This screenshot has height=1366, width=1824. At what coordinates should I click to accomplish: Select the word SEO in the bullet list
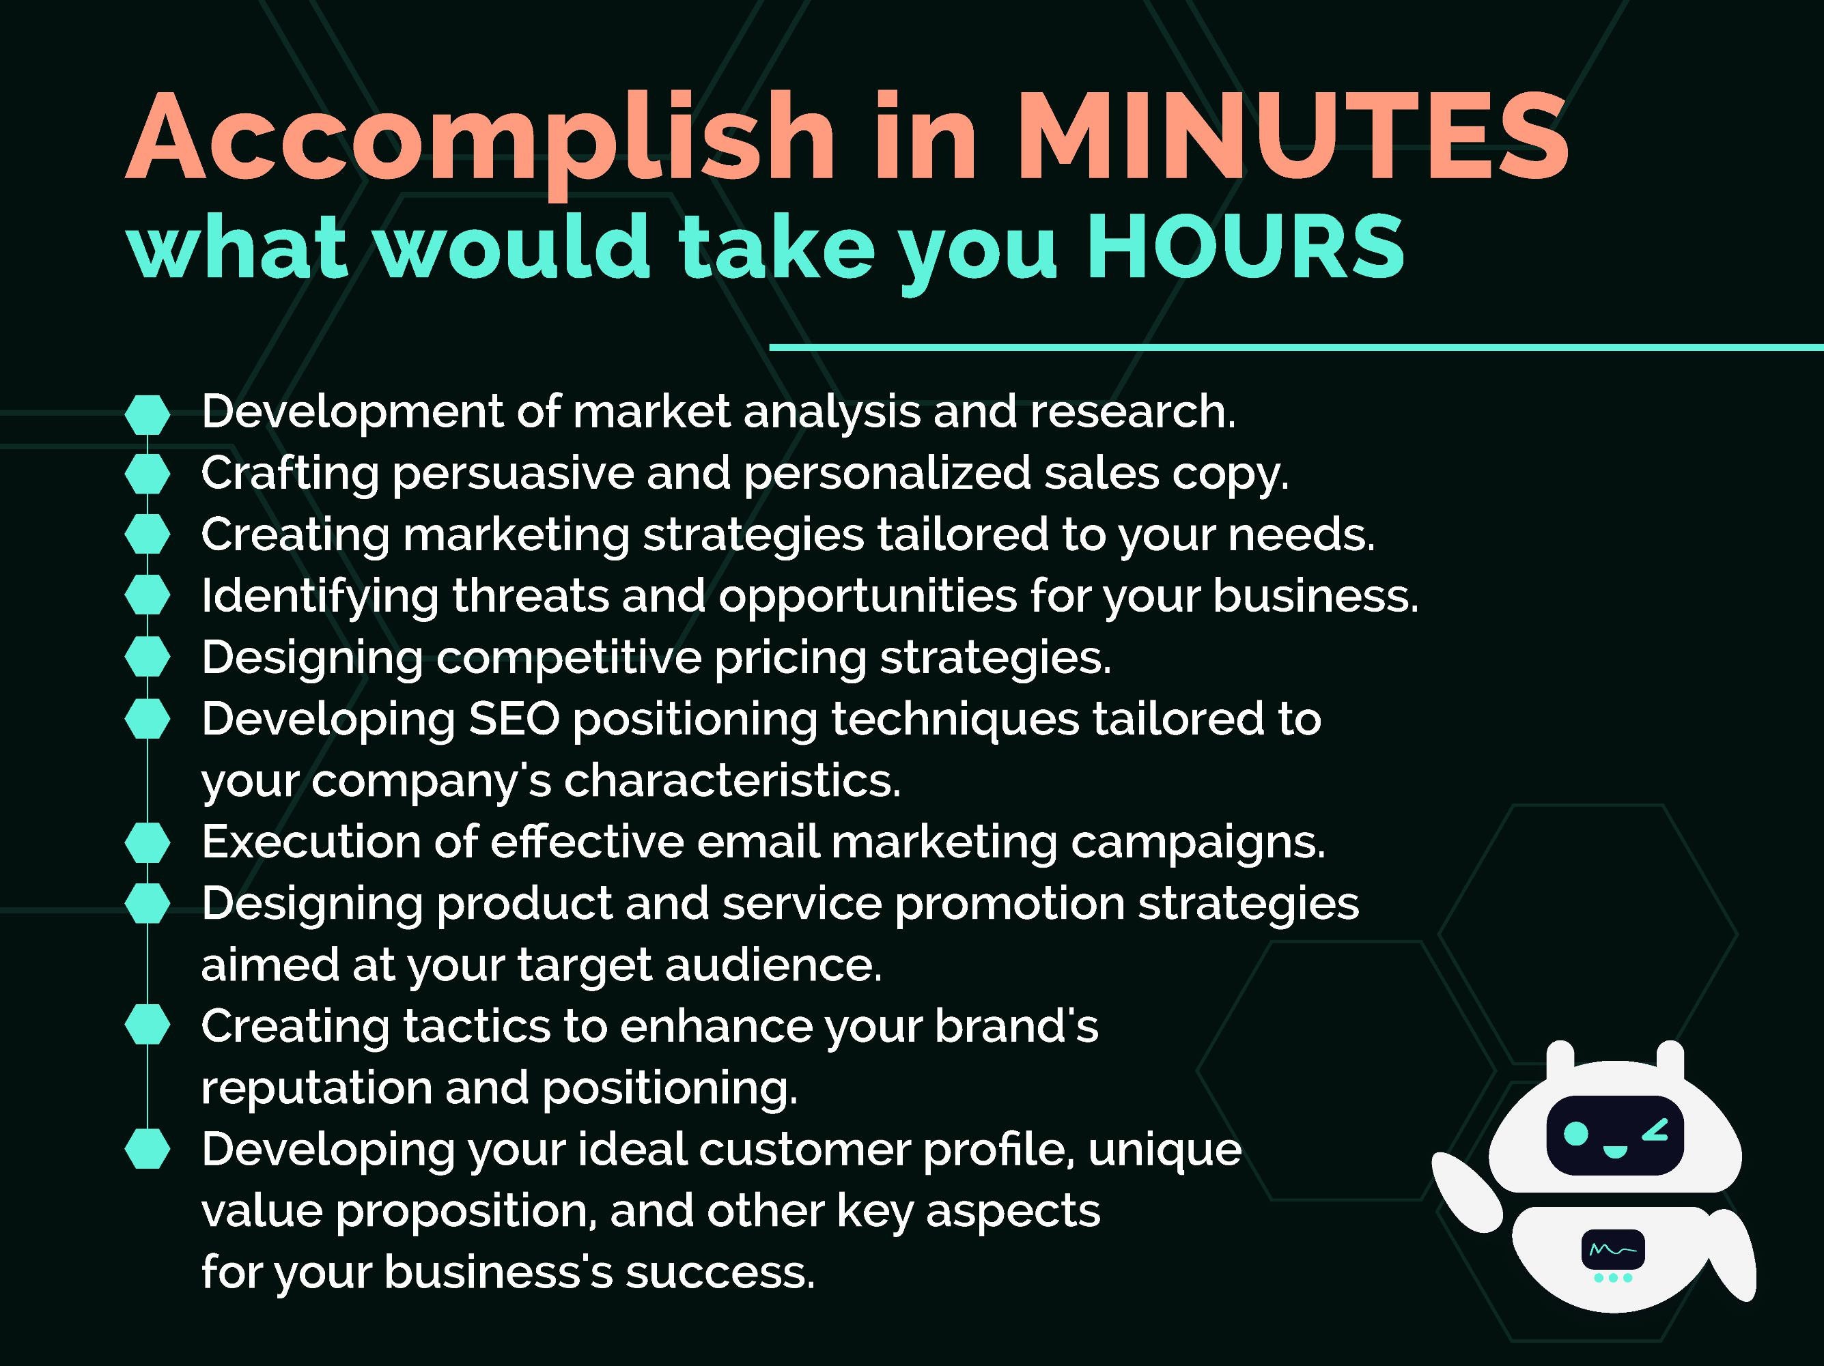[x=514, y=719]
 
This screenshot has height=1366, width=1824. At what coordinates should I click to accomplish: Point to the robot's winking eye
[x=1656, y=1132]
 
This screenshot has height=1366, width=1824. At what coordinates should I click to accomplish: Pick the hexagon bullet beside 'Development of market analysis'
[x=148, y=414]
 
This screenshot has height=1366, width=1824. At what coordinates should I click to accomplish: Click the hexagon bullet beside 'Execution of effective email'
[x=148, y=842]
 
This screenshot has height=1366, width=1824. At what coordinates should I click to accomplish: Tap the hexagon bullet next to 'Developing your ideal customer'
[x=148, y=1149]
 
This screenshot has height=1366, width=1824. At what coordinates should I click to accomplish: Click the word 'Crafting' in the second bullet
[x=290, y=474]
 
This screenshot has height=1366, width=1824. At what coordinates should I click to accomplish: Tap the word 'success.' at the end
[x=720, y=1272]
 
